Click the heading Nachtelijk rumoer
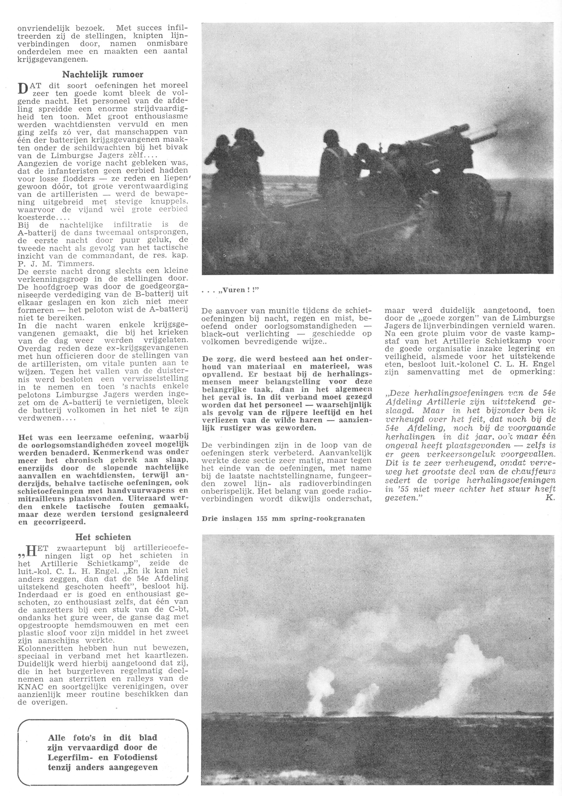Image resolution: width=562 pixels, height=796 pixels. pyautogui.click(x=103, y=75)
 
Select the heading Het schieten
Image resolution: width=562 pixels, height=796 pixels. pyautogui.click(x=103, y=537)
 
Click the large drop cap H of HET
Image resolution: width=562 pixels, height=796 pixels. pyautogui.click(x=31, y=552)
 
